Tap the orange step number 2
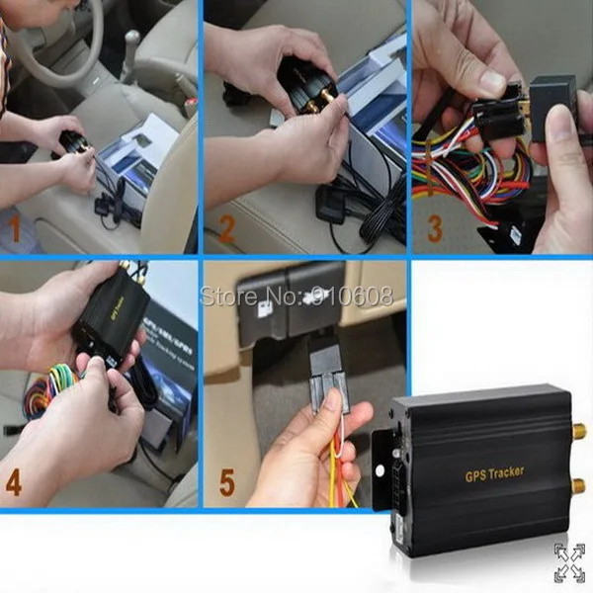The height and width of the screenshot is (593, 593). point(226,231)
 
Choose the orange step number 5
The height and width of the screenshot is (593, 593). point(226,485)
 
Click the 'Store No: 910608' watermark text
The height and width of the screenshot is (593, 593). point(296,296)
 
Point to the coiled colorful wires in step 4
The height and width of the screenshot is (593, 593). point(54,385)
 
